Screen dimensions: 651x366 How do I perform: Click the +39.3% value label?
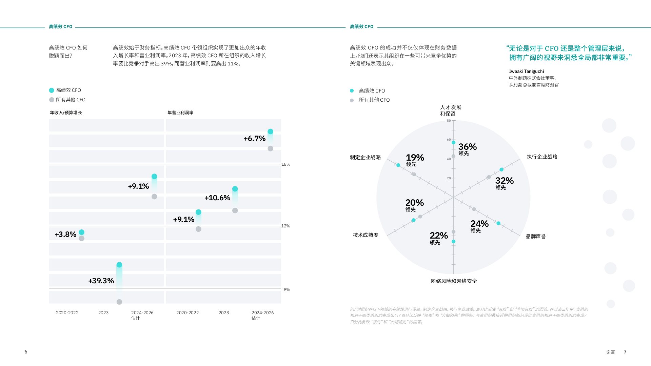point(101,281)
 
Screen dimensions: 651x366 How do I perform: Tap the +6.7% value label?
point(255,138)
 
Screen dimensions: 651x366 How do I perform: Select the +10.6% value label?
point(217,198)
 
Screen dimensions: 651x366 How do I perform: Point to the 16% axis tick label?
point(286,164)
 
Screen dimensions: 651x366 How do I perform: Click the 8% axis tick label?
point(287,290)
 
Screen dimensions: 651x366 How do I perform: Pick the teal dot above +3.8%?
point(81,232)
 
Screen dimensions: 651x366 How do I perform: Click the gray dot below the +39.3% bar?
point(119,302)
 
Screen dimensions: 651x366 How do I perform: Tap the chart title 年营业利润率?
point(180,113)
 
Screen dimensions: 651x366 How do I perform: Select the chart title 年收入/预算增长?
point(66,113)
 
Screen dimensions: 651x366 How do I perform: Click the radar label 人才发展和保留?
point(451,110)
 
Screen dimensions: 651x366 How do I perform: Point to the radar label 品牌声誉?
point(536,237)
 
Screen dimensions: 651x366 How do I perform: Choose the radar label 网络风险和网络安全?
point(454,281)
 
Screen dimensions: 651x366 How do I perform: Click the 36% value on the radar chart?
point(468,147)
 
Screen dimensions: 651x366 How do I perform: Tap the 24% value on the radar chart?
point(479,224)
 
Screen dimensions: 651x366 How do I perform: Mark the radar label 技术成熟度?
point(366,235)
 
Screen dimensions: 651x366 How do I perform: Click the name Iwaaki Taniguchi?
point(526,71)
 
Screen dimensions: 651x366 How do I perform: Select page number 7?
point(625,352)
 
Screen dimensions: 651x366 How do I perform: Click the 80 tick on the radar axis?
point(449,121)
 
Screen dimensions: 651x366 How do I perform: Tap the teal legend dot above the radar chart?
point(352,91)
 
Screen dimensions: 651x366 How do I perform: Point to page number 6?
point(26,352)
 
